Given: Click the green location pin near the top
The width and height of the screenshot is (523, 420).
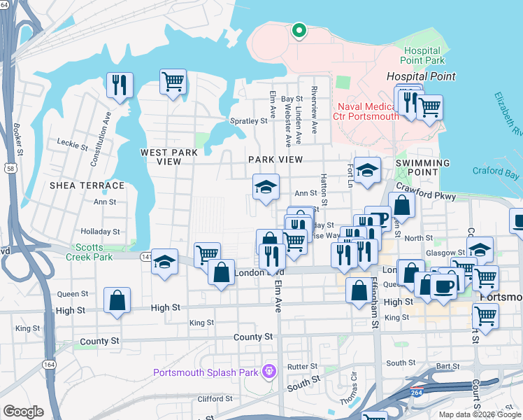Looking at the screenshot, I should coord(299,31).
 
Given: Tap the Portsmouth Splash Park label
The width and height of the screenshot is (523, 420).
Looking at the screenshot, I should coord(206,372).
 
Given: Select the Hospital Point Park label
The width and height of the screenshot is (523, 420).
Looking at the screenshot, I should coord(422,56).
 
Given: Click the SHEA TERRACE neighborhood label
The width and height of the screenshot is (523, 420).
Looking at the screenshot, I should coord(87,185).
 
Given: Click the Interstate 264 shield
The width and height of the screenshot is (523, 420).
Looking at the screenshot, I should coord(417,390).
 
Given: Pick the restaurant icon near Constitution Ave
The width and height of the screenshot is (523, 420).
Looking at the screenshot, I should coord(119,85).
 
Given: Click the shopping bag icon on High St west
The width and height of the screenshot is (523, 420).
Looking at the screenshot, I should coord(117,300).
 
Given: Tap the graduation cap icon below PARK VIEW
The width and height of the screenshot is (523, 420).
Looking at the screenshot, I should coord(265,187).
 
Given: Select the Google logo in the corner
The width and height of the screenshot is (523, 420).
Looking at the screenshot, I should coord(24,412).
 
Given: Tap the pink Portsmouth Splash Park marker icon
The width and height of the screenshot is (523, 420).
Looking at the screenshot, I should coord(267,370).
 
